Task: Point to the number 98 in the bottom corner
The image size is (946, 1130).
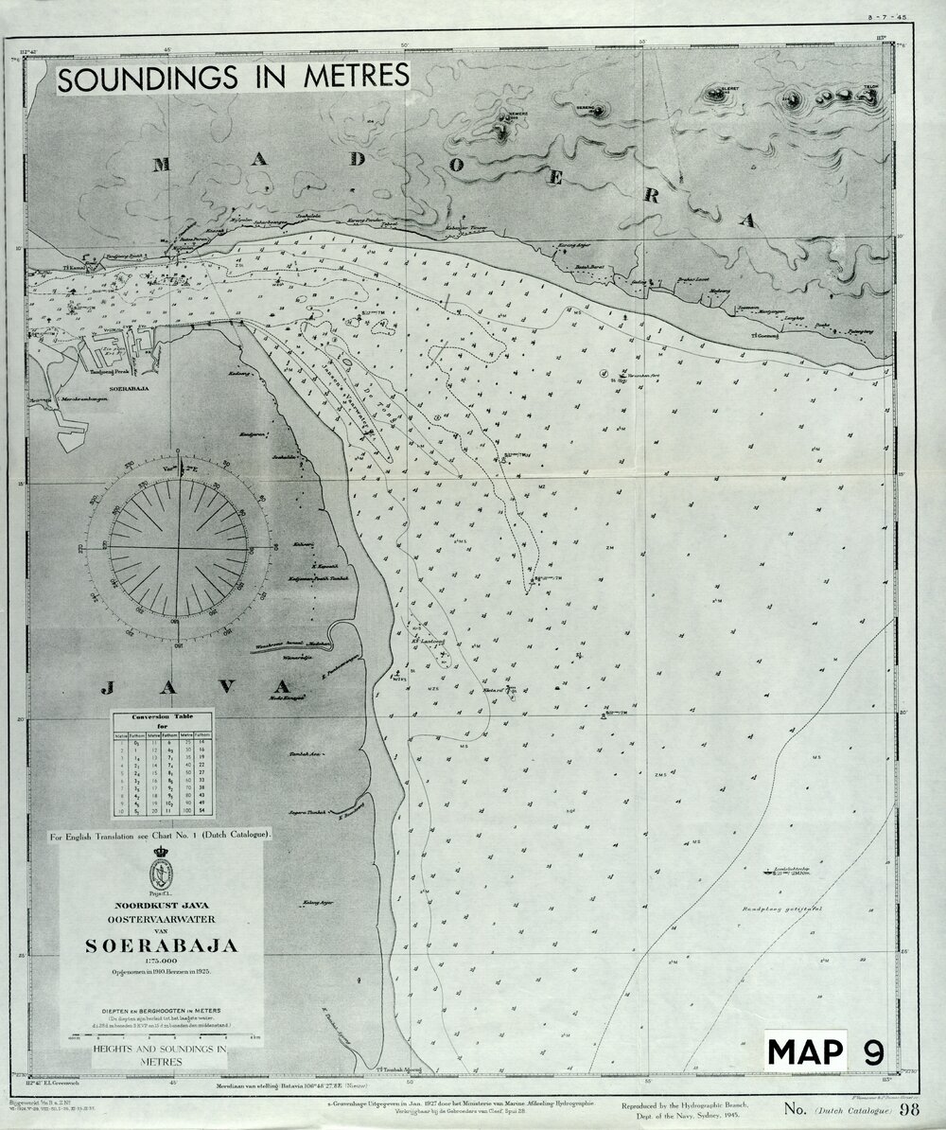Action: tap(910, 1109)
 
